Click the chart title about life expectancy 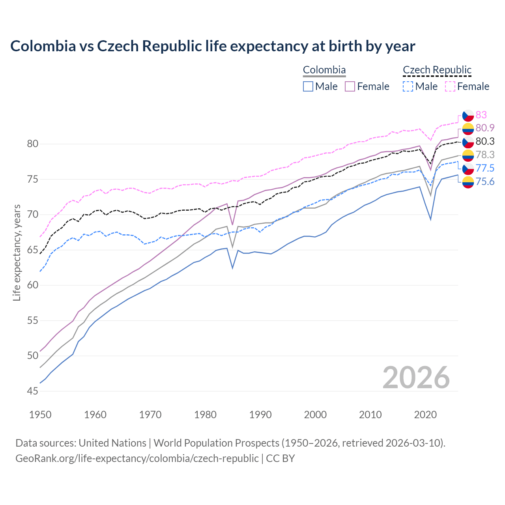coord(213,46)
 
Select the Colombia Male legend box coord(308,86)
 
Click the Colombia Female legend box coord(350,86)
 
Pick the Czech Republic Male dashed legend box coord(408,86)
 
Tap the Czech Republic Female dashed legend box coord(450,86)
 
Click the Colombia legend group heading coord(324,70)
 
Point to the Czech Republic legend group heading coord(437,70)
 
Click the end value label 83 coord(481,115)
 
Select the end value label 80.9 coord(485,128)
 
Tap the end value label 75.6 coord(485,181)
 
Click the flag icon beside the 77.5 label coord(468,168)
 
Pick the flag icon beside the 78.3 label coord(468,155)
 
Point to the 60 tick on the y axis coord(33,285)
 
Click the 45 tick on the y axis coord(33,391)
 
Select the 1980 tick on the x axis coord(205,415)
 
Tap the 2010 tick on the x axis coord(370,415)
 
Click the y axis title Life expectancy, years coord(17,252)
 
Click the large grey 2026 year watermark coord(416,378)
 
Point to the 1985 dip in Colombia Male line coord(232,268)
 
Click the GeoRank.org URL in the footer coord(137,458)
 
